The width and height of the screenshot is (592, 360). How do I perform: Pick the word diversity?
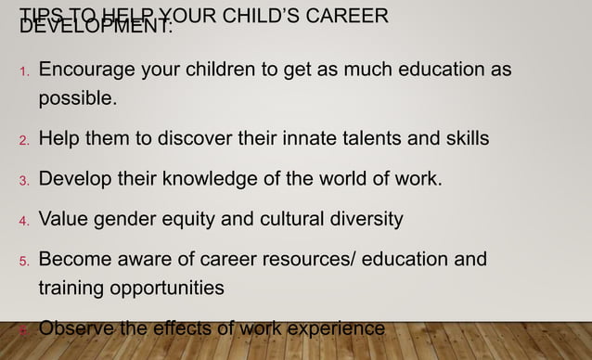tap(362, 220)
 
